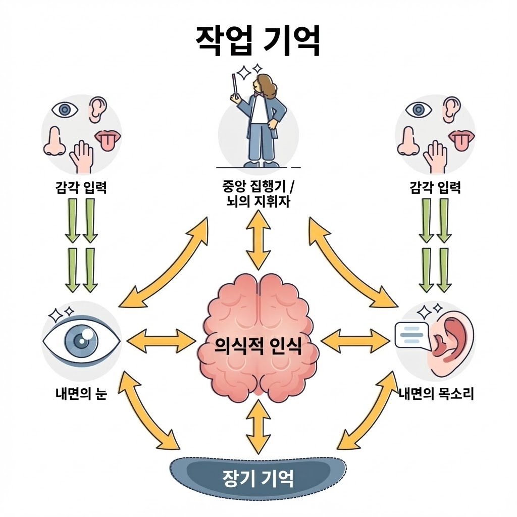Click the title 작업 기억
click(257, 41)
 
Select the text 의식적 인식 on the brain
click(258, 347)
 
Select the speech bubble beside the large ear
click(412, 335)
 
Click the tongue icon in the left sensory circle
click(107, 139)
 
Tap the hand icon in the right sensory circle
click(435, 156)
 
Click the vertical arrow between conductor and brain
click(257, 240)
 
